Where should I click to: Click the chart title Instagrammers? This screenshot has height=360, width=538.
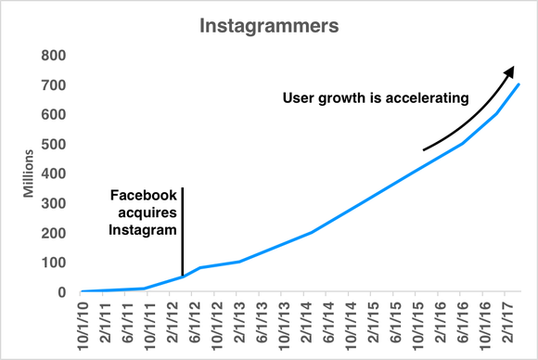coord(268,25)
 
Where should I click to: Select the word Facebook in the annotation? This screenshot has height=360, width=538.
coord(143,196)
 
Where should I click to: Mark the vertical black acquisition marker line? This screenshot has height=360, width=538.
coord(183,232)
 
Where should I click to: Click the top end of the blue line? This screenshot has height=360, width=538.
coord(519,84)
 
